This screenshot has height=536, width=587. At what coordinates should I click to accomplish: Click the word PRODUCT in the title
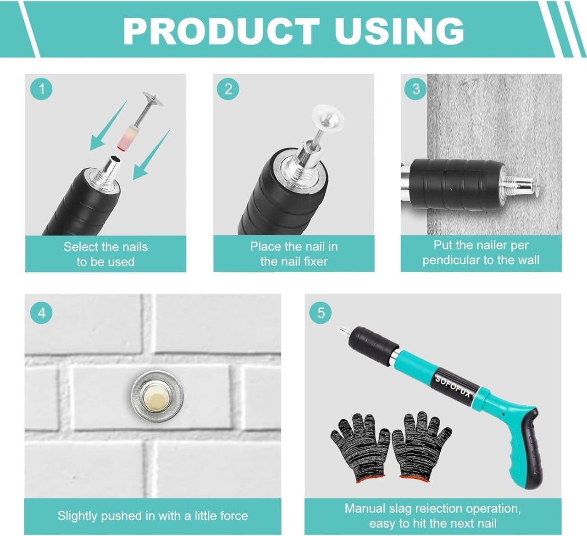click(x=222, y=31)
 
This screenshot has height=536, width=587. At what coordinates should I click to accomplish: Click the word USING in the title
click(x=399, y=31)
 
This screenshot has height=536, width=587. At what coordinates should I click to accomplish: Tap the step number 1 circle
click(x=41, y=89)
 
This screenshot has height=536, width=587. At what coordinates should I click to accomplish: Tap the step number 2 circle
click(x=228, y=89)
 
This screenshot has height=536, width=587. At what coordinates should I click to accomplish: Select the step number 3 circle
click(x=415, y=89)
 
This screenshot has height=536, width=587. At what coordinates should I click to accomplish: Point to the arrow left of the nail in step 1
click(x=108, y=125)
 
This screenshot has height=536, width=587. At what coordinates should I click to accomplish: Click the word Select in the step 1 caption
click(x=79, y=247)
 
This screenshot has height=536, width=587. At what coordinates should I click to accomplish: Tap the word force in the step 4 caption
click(x=233, y=516)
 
